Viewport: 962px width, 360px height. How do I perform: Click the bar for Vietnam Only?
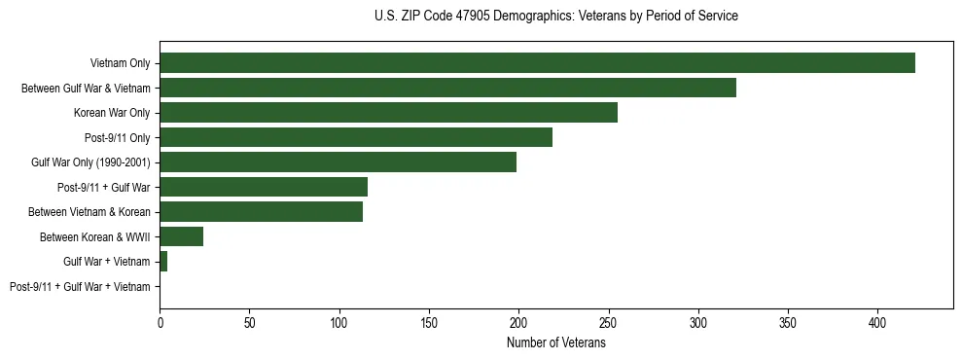(x=537, y=63)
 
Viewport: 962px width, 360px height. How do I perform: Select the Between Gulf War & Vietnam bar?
(x=447, y=88)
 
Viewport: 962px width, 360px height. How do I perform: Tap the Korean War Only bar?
(x=388, y=113)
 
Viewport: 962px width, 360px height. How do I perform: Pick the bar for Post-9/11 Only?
(x=356, y=137)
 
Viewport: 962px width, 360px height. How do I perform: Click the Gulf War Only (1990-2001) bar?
(x=338, y=162)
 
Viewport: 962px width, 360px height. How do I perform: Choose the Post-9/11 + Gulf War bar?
(x=264, y=187)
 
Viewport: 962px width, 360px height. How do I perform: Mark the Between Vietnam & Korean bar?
(x=261, y=212)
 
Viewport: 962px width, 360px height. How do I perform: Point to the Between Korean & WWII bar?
(x=181, y=236)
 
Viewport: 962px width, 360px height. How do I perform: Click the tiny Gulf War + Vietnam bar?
(x=163, y=262)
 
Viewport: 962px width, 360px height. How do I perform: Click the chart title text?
(x=555, y=17)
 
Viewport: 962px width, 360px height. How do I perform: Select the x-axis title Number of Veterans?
(x=555, y=343)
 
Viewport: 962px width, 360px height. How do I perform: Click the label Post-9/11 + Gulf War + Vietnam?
(x=80, y=287)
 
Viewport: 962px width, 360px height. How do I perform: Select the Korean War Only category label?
(x=112, y=113)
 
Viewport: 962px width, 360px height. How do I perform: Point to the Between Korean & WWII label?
(x=94, y=237)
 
